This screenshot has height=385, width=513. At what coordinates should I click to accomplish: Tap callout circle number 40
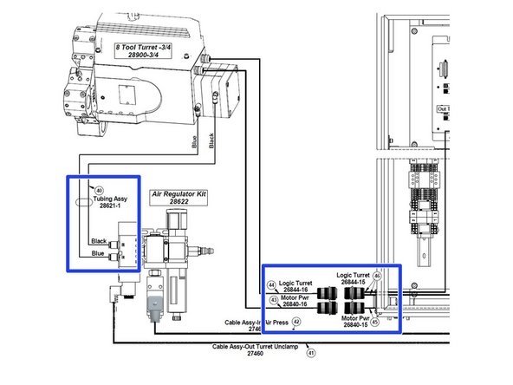point(99,191)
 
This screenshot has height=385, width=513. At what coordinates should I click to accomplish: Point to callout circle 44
point(271,285)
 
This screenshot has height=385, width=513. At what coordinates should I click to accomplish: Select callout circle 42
point(295,322)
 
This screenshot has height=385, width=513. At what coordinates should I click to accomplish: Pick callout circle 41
point(311,353)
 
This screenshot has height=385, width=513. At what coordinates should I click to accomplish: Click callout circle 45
point(374,322)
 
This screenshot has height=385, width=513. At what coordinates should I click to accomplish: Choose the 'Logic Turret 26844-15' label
point(354,278)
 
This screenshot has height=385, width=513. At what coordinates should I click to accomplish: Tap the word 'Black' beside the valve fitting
point(100,241)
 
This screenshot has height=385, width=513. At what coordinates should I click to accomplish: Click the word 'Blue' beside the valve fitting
point(98,255)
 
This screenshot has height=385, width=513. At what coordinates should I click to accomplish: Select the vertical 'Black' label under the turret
point(212,139)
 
